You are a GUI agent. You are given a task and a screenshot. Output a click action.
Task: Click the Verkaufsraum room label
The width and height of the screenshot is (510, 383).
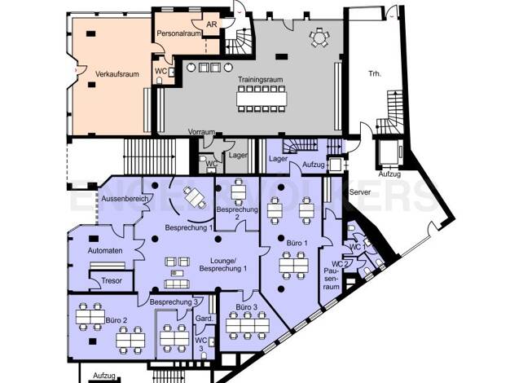117,74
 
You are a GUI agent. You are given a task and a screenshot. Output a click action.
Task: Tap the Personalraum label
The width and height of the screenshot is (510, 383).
178,33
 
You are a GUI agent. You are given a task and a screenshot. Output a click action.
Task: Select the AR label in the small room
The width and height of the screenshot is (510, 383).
212,24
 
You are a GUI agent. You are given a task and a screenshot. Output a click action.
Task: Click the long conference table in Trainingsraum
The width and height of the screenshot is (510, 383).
262,99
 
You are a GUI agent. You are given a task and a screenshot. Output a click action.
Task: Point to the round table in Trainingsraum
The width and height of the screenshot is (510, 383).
319,38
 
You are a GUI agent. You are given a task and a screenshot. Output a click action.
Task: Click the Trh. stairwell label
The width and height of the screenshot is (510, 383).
375,74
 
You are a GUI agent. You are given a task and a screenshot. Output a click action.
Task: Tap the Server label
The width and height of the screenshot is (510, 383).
360,192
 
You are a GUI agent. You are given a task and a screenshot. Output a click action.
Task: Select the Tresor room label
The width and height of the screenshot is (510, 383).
112,280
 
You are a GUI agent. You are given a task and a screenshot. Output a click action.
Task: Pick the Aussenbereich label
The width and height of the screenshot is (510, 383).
125,199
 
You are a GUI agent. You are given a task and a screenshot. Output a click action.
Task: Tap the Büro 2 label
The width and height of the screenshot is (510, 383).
117,320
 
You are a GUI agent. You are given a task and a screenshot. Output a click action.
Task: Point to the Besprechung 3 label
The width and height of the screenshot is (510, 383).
174,302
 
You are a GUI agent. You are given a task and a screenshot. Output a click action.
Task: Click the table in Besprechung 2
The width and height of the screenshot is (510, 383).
239,192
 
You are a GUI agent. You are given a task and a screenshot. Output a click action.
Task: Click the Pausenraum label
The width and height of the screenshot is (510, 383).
332,279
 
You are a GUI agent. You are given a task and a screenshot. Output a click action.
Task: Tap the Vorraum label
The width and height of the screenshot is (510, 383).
202,132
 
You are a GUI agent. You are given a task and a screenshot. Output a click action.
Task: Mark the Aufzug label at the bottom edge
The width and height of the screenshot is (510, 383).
104,376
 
